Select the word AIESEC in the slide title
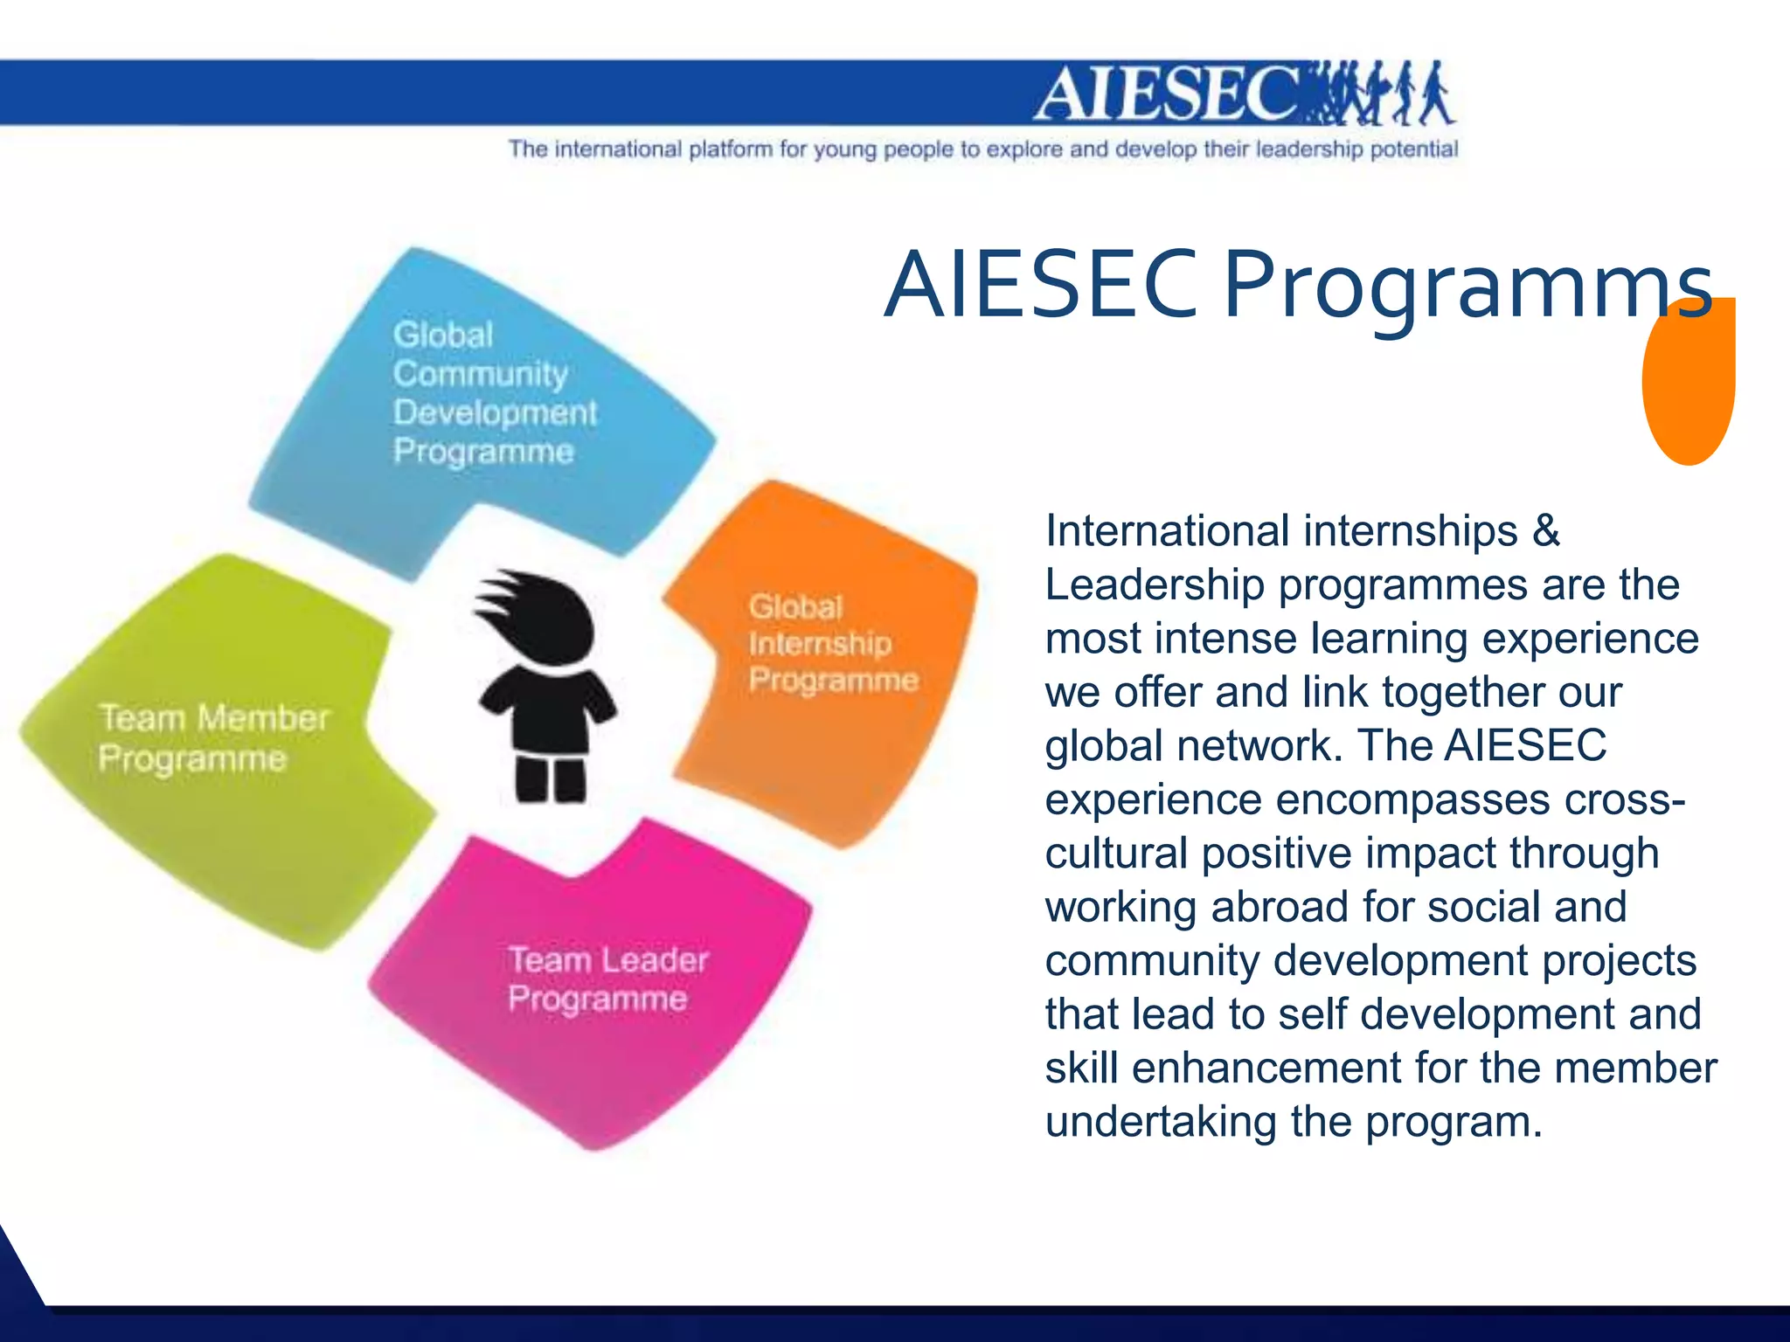[1040, 285]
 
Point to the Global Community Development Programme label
[494, 393]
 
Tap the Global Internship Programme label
[832, 643]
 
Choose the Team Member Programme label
[213, 738]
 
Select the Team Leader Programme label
[607, 979]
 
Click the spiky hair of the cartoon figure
[533, 612]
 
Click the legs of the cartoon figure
[550, 779]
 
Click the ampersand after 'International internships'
[1546, 530]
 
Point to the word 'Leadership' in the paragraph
[1155, 585]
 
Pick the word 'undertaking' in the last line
[1161, 1122]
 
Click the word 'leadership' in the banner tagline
[1308, 149]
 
